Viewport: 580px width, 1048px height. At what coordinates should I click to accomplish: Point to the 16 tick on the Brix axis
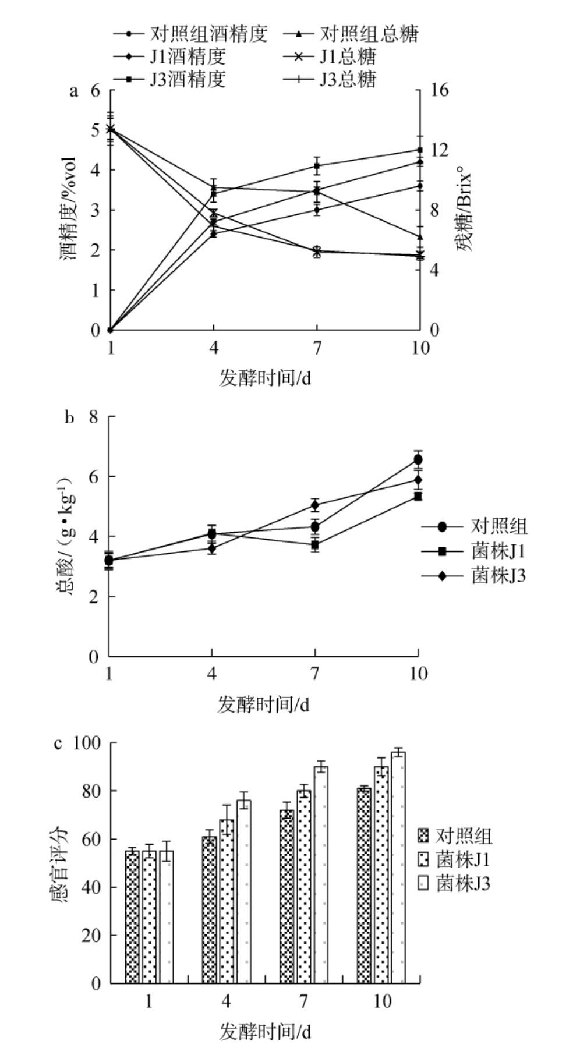coord(440,91)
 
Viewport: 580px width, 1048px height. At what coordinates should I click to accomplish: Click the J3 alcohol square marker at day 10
coord(419,150)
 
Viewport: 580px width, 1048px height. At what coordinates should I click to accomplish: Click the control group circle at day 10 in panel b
coord(418,460)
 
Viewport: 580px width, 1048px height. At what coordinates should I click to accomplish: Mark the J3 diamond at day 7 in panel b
coord(315,505)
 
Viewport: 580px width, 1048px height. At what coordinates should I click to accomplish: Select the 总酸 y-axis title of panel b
coord(65,535)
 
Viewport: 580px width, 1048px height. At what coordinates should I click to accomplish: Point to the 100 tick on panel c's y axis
coord(87,743)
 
